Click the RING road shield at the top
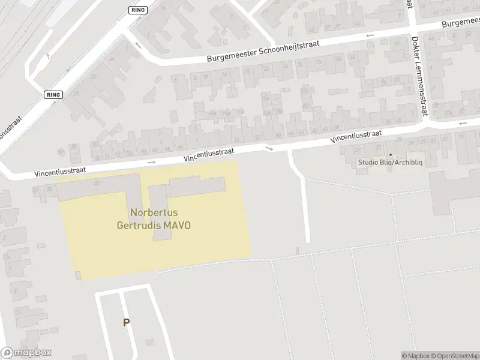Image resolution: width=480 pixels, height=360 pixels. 138,10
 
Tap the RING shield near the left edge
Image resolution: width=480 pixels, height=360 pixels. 53,95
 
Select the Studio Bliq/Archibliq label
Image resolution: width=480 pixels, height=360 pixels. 390,163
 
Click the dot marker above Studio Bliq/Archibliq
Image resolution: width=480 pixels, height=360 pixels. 390,154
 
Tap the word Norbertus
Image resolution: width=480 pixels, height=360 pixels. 153,212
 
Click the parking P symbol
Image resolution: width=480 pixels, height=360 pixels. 126,323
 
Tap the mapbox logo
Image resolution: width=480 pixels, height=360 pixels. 26,353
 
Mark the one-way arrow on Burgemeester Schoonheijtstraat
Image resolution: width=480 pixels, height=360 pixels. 370,35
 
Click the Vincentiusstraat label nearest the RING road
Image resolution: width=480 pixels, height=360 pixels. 60,171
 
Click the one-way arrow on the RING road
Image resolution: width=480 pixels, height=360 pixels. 139,45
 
